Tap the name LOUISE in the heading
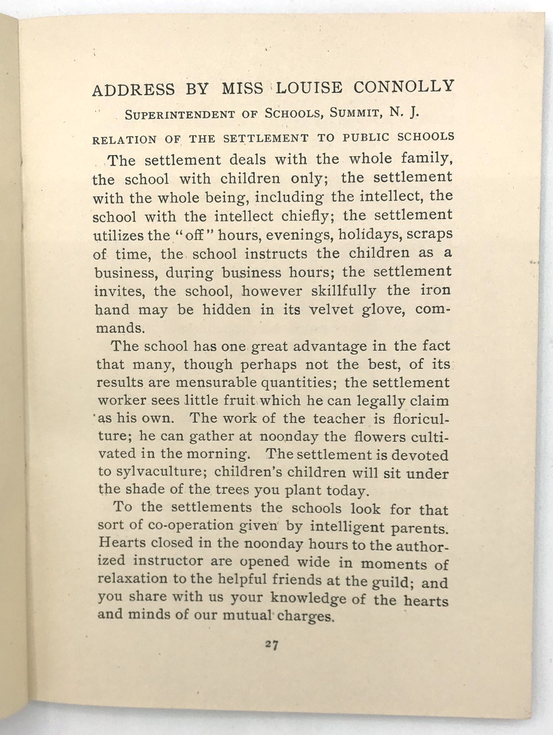[308, 88]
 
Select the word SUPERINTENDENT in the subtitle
[180, 115]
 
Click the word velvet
[333, 309]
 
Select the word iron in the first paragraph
[435, 290]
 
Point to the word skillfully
[344, 291]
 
